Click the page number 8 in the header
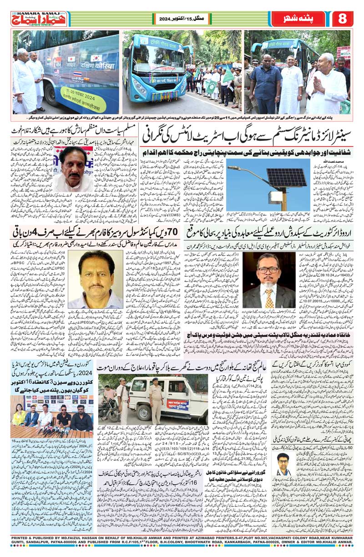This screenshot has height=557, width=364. [343, 19]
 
